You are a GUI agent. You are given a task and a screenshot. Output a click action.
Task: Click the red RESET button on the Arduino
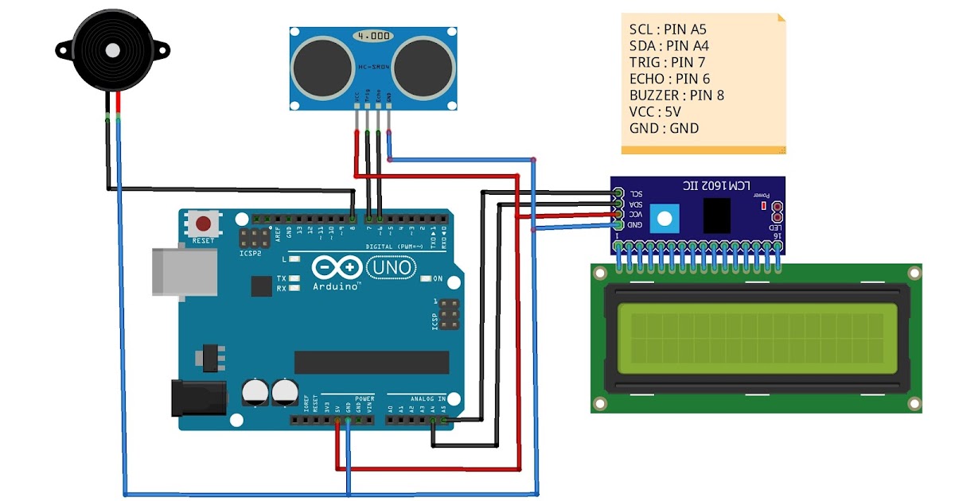[205, 223]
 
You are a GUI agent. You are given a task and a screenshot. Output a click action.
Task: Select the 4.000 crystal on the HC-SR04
[373, 37]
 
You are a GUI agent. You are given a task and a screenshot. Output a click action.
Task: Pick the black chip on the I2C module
[717, 215]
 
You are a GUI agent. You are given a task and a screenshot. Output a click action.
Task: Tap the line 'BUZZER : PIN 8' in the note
[676, 95]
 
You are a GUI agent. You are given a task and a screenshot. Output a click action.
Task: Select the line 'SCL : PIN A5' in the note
[668, 29]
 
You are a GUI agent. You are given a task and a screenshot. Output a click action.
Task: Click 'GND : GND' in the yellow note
[663, 127]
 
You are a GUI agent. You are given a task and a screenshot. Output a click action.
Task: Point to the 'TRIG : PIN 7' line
[667, 62]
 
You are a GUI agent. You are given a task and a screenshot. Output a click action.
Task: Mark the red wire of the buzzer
[118, 103]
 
